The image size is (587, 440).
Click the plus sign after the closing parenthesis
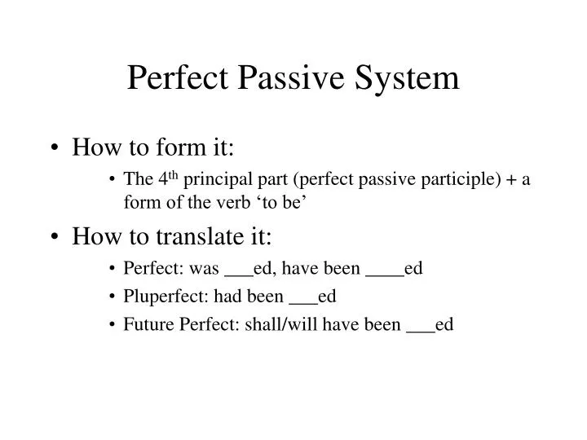pos(509,180)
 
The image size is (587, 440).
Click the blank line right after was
pos(238,274)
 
